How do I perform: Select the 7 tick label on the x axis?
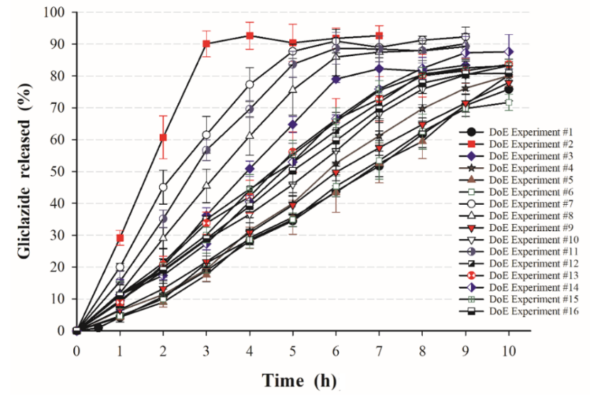[379, 349]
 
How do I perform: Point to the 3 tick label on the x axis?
[206, 349]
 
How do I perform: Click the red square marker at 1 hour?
[120, 238]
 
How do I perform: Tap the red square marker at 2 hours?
[163, 137]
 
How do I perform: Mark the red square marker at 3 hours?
[206, 43]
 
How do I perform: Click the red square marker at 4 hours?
[249, 36]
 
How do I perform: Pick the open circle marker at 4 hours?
[249, 85]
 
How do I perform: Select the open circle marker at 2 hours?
[163, 187]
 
